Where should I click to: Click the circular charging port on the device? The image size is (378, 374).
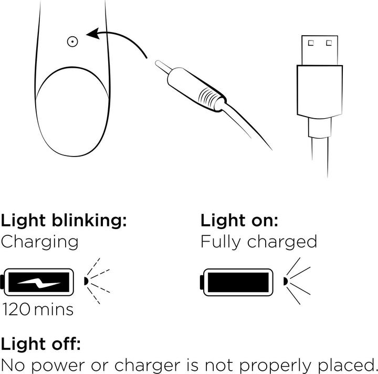point(73,41)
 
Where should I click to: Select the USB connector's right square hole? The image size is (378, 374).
point(330,42)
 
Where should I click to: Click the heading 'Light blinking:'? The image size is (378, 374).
point(64,220)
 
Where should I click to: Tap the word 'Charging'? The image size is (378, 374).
point(40,242)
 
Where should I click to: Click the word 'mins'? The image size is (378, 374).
point(55,309)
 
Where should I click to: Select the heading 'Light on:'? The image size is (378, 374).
point(239,220)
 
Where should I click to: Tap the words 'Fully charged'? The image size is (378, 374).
point(259,242)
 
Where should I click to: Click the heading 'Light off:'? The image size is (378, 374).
point(40,345)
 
